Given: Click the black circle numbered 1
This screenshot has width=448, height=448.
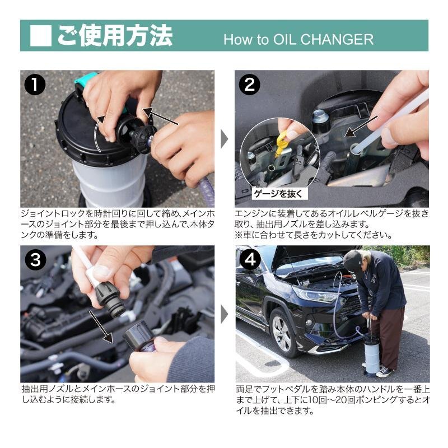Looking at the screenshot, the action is [35, 85].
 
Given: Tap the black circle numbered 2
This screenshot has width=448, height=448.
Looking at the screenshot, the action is [249, 85].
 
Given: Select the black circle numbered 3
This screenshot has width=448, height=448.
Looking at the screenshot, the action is [35, 260].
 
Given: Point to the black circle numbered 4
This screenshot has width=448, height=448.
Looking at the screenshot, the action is [250, 260].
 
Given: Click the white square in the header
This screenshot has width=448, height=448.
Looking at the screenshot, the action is [40, 36].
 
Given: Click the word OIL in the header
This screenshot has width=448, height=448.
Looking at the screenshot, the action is [284, 39].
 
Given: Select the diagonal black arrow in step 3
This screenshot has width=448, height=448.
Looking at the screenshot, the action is [101, 327].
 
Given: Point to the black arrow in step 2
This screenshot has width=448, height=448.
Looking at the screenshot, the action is [361, 127].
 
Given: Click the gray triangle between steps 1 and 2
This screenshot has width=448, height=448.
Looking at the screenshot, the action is [225, 139].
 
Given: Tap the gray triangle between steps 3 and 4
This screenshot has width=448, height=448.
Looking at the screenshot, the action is [225, 315].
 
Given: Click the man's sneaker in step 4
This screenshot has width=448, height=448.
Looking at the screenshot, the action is [384, 372].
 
